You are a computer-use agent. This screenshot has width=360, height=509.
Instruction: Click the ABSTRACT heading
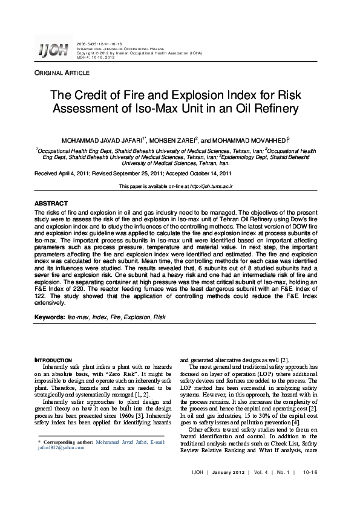(51, 203)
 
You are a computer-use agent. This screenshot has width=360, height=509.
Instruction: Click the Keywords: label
(50, 317)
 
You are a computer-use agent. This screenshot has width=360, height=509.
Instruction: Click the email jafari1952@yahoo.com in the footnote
(56, 448)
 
